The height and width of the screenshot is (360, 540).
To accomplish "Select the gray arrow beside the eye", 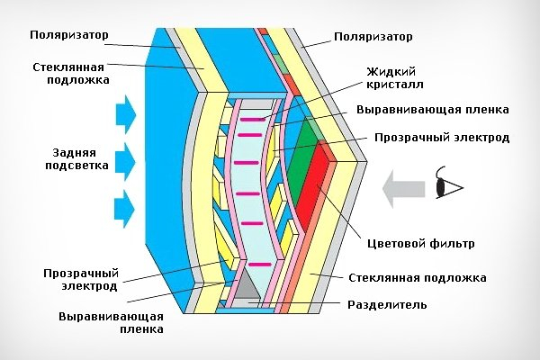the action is click(x=403, y=190).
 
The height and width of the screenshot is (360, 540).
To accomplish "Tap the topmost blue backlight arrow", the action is click(x=126, y=114).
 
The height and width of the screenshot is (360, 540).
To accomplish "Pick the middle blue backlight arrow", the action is click(x=126, y=162).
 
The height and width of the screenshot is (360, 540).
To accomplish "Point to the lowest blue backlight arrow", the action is click(x=125, y=209).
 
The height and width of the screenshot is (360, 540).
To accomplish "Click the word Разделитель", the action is click(x=387, y=305).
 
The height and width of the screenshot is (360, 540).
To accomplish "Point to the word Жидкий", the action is click(x=391, y=72).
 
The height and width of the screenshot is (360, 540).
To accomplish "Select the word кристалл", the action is click(x=395, y=85).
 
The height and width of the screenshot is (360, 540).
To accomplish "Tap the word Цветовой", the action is click(x=397, y=244).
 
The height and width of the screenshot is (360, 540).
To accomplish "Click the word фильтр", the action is click(x=452, y=244).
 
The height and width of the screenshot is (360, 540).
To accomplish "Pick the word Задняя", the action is click(x=74, y=153).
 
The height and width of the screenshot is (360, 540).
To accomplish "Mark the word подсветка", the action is click(x=77, y=166).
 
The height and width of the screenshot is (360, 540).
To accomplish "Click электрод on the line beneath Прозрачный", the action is click(x=89, y=286).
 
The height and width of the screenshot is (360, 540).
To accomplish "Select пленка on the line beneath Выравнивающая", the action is click(x=141, y=329).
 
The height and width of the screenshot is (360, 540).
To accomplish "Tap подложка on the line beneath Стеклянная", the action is click(x=78, y=80).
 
